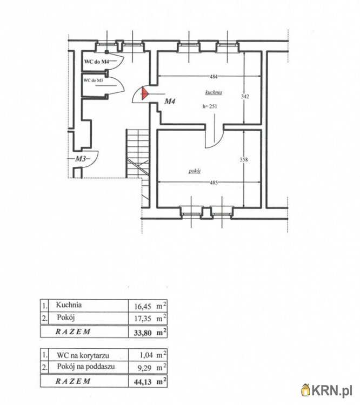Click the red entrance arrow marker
(144, 93)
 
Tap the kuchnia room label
(214, 92)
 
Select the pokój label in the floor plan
(195, 171)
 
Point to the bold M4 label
(170, 102)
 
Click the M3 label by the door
(81, 159)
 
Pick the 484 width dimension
(214, 77)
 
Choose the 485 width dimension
(214, 183)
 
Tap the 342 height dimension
(245, 96)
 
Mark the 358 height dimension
(244, 160)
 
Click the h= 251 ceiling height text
(210, 106)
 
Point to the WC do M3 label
(93, 80)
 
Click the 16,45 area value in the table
(143, 307)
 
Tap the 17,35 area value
(143, 319)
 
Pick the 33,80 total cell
(143, 333)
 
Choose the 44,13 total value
(143, 381)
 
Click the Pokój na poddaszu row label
(86, 367)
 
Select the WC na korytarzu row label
(83, 355)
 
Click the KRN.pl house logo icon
(305, 390)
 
